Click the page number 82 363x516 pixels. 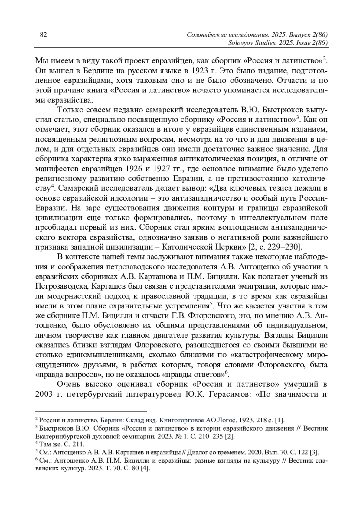[43, 35]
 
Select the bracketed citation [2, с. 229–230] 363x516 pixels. [275, 247]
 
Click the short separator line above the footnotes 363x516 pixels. [91, 411]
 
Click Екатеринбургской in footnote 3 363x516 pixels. [63, 436]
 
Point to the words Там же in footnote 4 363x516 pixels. [48, 444]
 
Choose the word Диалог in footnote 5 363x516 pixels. [197, 452]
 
